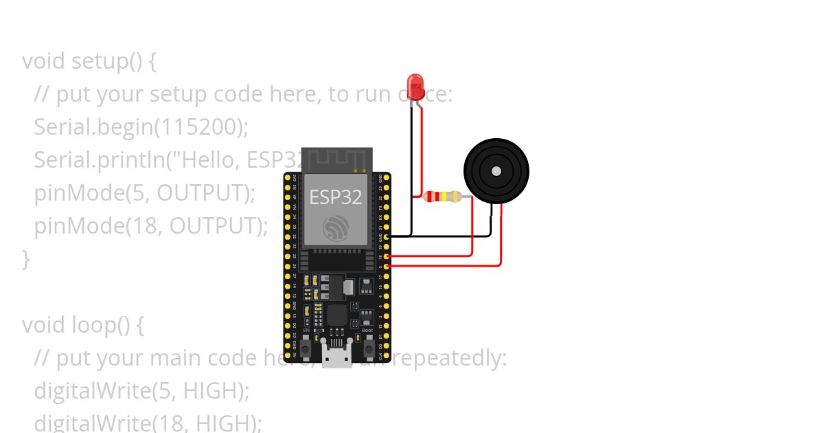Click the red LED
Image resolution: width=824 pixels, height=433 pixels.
tap(415, 87)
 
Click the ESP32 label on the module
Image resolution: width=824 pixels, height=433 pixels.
tap(336, 197)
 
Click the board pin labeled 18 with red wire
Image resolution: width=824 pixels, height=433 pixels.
tap(387, 256)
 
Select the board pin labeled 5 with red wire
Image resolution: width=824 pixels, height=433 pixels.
tap(387, 265)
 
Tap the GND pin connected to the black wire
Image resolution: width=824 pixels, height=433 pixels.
tap(387, 236)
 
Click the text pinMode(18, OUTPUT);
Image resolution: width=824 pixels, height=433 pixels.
tap(150, 225)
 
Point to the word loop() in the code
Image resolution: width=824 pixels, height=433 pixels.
tap(100, 324)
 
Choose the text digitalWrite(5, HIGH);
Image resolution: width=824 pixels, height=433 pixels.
tap(141, 390)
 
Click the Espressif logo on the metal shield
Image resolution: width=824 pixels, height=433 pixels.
tap(336, 227)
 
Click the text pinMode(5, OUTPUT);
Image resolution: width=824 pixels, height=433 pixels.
tap(144, 192)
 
